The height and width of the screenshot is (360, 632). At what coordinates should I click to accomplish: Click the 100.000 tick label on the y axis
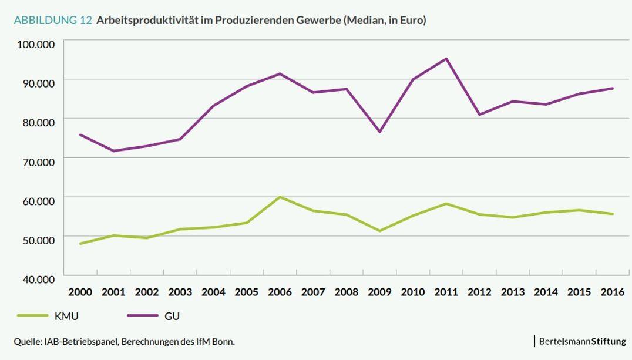tap(36, 44)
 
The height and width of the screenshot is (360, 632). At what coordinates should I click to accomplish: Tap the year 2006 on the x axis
tap(280, 292)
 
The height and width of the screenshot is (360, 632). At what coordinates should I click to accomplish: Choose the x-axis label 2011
tap(446, 292)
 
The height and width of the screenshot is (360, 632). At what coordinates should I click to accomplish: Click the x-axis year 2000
tap(80, 292)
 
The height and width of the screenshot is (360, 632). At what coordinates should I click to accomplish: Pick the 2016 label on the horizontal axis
tap(612, 292)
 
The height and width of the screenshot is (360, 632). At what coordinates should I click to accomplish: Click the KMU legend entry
tap(66, 316)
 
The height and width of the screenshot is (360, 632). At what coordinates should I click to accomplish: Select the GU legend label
tap(172, 316)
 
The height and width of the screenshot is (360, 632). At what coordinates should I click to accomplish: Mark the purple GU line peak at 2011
tap(446, 59)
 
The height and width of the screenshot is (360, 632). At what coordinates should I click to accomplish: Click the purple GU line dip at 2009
tap(379, 132)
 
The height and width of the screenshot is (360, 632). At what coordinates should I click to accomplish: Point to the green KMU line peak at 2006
tap(280, 197)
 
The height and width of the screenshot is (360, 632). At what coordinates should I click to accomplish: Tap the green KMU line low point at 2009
tap(379, 231)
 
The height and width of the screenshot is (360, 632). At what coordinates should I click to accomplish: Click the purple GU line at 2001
tap(113, 151)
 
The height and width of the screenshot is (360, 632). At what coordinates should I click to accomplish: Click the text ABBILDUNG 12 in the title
tap(53, 21)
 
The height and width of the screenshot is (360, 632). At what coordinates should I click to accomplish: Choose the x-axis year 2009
tap(379, 292)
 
